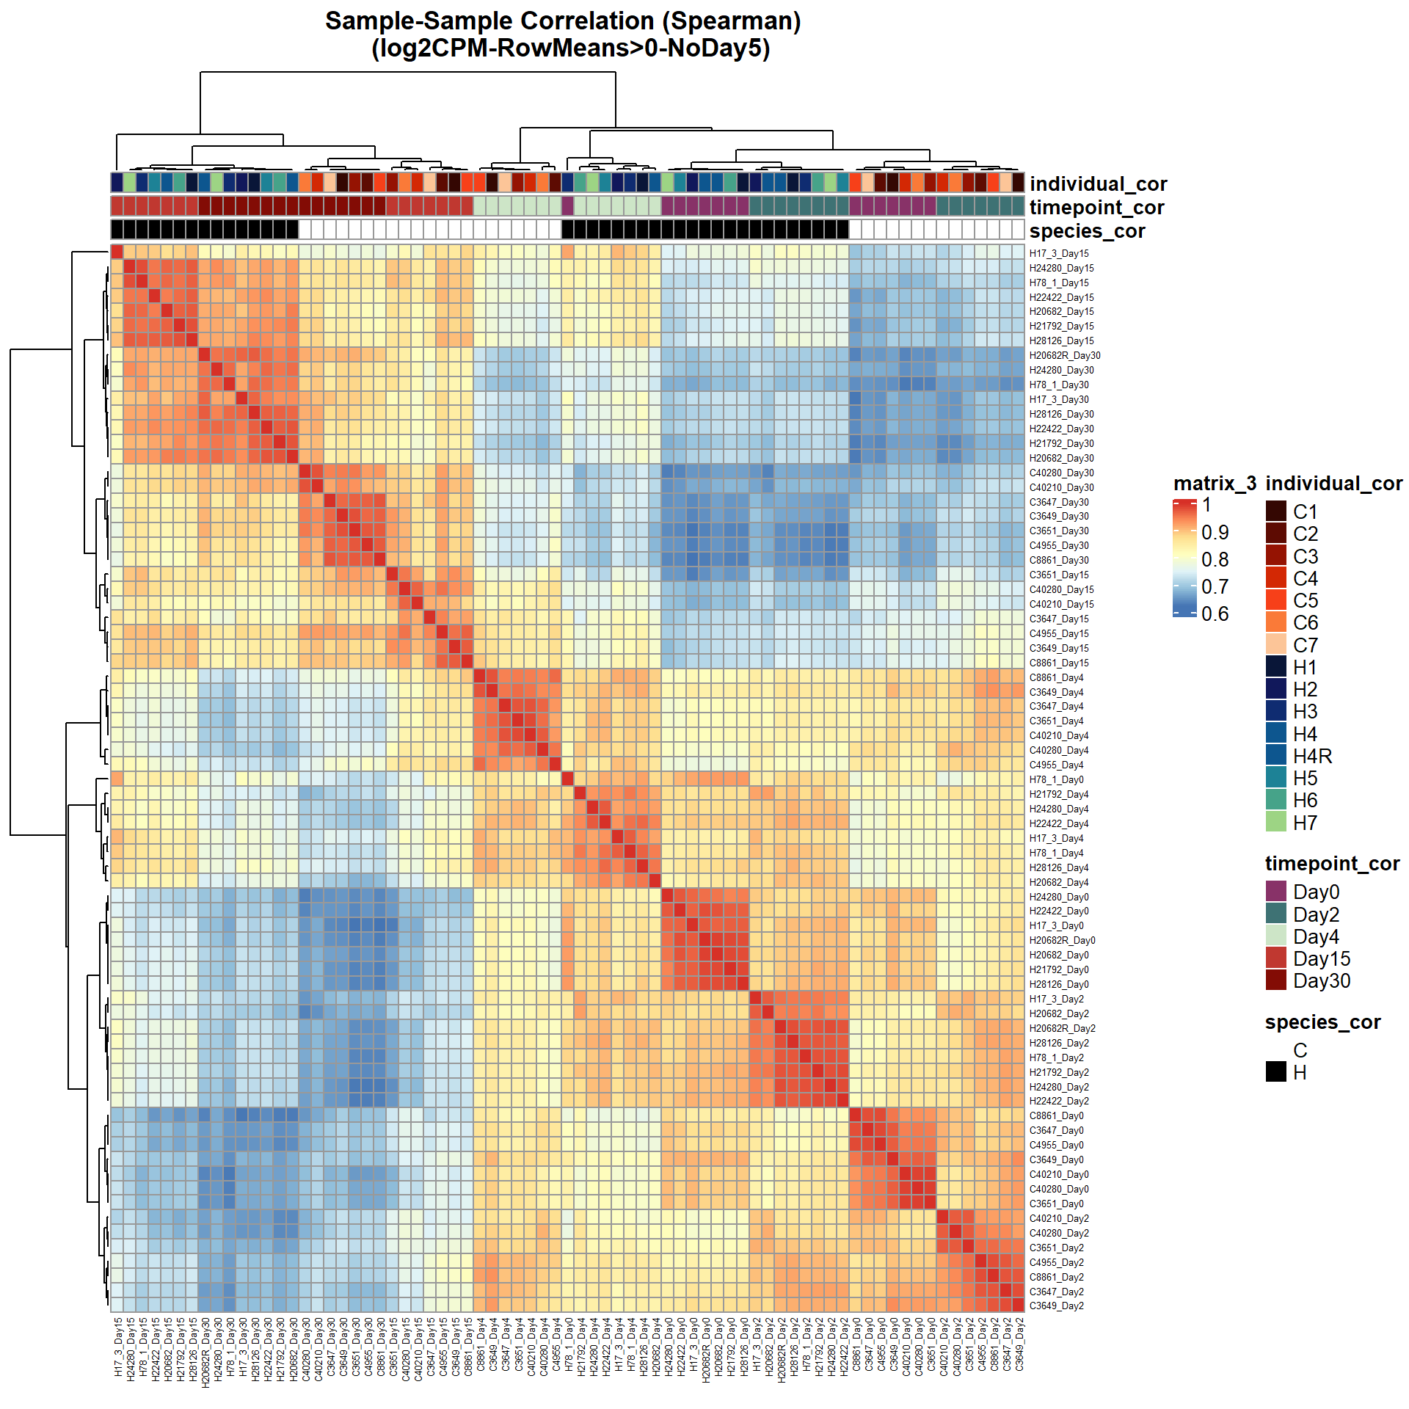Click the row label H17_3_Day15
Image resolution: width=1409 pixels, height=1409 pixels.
point(1058,254)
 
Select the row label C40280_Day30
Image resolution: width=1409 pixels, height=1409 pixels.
point(1061,473)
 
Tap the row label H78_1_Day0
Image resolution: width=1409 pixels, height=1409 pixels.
point(1056,780)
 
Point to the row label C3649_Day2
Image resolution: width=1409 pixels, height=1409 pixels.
point(1056,1306)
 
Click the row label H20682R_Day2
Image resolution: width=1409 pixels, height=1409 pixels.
point(1062,1029)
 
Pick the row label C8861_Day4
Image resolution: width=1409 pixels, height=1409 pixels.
point(1056,678)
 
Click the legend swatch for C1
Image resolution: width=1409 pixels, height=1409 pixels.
point(1276,511)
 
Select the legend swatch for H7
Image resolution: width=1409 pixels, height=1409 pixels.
point(1276,823)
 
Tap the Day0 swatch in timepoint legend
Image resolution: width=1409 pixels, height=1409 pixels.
point(1276,892)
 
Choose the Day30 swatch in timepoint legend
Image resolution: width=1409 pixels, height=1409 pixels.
point(1276,980)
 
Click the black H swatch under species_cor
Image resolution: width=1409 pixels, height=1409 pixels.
point(1276,1072)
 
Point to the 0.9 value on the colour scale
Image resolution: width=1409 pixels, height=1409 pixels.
point(1215,532)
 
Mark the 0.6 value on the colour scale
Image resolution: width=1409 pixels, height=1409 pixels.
point(1215,614)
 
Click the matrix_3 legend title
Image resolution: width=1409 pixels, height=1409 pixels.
point(1215,484)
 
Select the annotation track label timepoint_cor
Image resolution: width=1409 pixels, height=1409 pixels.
point(1096,208)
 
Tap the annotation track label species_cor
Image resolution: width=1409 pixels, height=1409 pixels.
point(1087,231)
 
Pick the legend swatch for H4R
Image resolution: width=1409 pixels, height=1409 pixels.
point(1276,756)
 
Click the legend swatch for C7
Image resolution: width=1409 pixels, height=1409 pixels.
point(1276,645)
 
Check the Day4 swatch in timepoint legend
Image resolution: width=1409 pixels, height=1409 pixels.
point(1276,936)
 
